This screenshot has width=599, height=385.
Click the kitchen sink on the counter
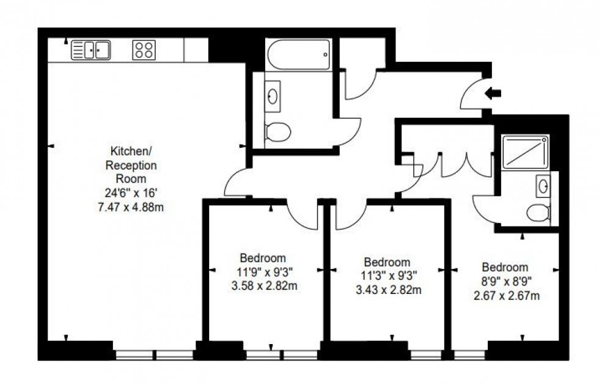pos(90,50)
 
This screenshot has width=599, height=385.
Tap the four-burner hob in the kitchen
pos(144,50)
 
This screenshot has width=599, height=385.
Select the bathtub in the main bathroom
pos(298,55)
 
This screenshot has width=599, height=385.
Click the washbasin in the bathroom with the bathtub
pos(273,96)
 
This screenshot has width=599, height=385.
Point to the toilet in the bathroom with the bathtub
pos(277,131)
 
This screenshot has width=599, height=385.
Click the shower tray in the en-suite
pos(524,152)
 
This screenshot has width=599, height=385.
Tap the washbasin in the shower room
pos(542,185)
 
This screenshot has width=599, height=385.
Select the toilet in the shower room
pos(538,213)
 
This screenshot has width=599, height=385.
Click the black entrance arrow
pos(493,94)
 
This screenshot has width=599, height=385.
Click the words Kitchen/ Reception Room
pos(132,164)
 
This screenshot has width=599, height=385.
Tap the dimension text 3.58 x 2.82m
pos(262,285)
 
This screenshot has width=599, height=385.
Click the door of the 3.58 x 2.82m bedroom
pos(303,214)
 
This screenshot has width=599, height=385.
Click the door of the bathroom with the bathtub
pos(348,131)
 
